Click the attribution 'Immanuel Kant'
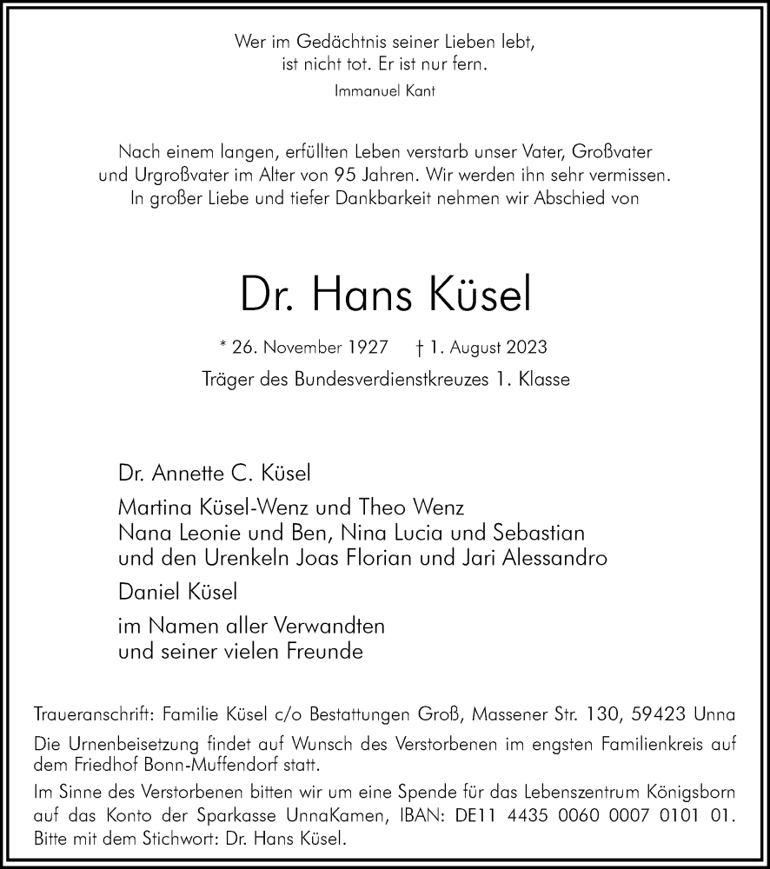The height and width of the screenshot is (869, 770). coord(385,91)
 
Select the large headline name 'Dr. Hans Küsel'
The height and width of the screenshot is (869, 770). coord(385,296)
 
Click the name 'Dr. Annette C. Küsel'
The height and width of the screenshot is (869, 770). coord(214,474)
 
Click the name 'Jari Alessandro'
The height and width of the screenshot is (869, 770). coord(541,557)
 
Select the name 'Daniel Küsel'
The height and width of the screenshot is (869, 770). coord(178,592)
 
